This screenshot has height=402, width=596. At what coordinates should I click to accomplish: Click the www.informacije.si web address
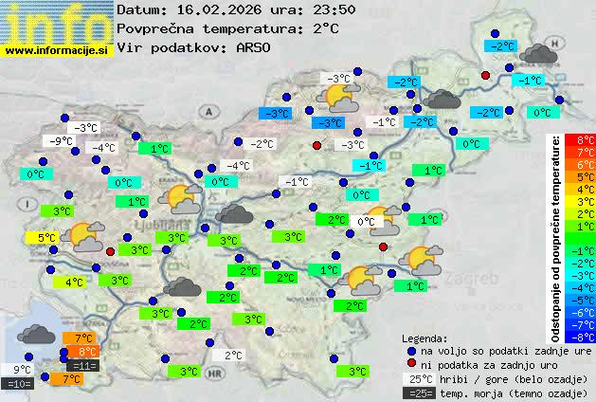(x=57, y=50)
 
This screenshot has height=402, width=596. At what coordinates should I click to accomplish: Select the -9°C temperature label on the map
(x=61, y=141)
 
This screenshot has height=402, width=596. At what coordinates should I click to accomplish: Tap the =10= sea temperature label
(x=19, y=384)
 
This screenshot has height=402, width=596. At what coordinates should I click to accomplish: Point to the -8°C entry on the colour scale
(x=586, y=336)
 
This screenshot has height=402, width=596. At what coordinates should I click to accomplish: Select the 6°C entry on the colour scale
(x=586, y=164)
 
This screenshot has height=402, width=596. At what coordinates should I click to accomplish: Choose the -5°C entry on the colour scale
(x=586, y=300)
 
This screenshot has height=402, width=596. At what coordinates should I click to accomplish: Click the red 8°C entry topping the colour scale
(x=586, y=139)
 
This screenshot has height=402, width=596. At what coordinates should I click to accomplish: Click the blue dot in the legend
(x=410, y=350)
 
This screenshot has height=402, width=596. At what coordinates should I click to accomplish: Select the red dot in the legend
(x=410, y=364)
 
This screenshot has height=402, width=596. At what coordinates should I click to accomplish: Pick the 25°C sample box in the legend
(x=418, y=378)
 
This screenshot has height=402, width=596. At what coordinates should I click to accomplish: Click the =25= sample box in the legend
(x=418, y=393)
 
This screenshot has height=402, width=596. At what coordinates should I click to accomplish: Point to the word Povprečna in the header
(x=157, y=28)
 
